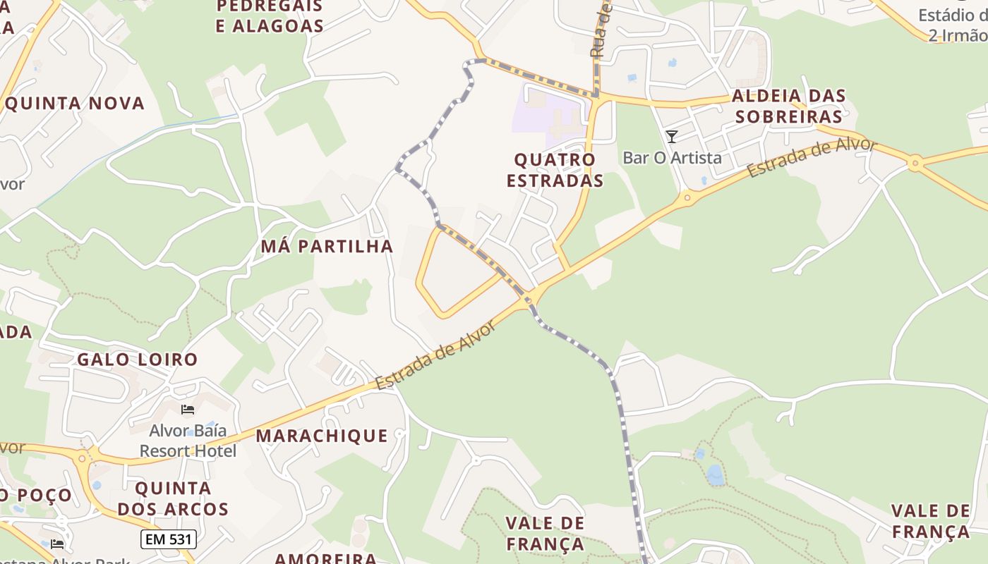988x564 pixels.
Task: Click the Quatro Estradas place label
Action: click(x=555, y=170)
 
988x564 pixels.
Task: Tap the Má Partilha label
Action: click(x=327, y=246)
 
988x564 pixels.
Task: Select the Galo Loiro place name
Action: click(x=138, y=360)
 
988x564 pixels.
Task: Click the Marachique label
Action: click(x=322, y=436)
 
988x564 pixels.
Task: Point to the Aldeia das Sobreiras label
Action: click(x=788, y=106)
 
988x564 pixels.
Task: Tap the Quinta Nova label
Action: click(x=74, y=104)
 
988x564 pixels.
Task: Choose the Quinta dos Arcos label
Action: click(x=173, y=498)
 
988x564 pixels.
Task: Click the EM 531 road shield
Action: click(x=168, y=540)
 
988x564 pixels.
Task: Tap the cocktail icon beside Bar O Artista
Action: click(x=672, y=137)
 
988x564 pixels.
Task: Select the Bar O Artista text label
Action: click(x=672, y=157)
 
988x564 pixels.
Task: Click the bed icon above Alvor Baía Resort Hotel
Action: click(x=188, y=409)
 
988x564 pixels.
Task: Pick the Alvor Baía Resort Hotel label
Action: click(x=188, y=440)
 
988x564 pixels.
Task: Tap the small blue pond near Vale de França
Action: click(x=715, y=475)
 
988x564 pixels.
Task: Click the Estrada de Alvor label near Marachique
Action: click(x=433, y=355)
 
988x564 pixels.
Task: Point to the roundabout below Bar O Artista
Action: click(x=687, y=199)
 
